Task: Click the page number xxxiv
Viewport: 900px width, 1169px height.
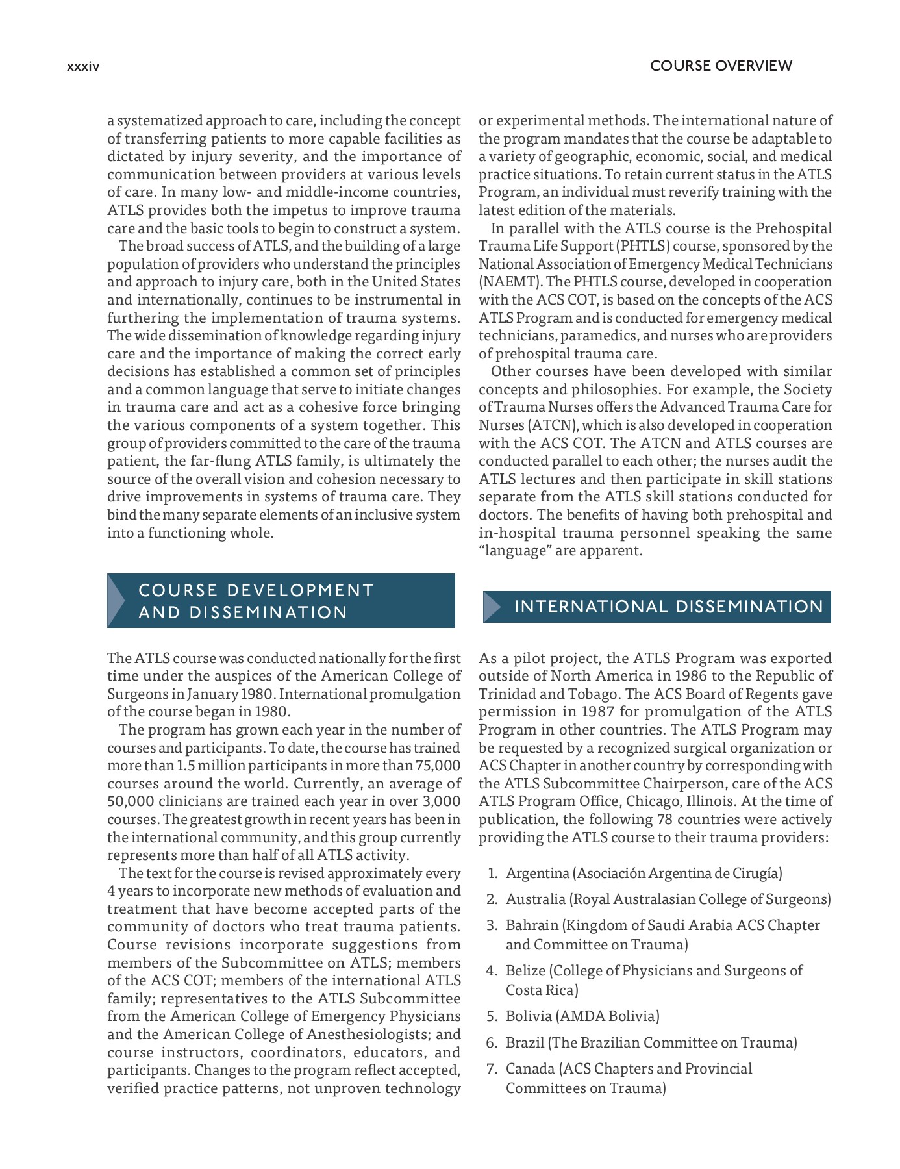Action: coord(83,66)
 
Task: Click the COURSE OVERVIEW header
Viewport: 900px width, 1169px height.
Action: coord(721,66)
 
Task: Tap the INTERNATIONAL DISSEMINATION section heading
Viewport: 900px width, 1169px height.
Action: coord(668,607)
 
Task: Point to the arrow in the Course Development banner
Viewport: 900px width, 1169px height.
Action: coord(116,601)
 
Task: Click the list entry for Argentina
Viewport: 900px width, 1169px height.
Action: coord(644,873)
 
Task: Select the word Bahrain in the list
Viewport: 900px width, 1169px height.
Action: coord(532,925)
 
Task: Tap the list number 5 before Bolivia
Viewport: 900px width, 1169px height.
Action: coord(492,1016)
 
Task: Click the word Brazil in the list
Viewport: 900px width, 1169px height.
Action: coord(525,1042)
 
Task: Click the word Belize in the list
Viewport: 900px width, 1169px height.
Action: coord(525,971)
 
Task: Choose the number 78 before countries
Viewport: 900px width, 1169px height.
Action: coord(664,820)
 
